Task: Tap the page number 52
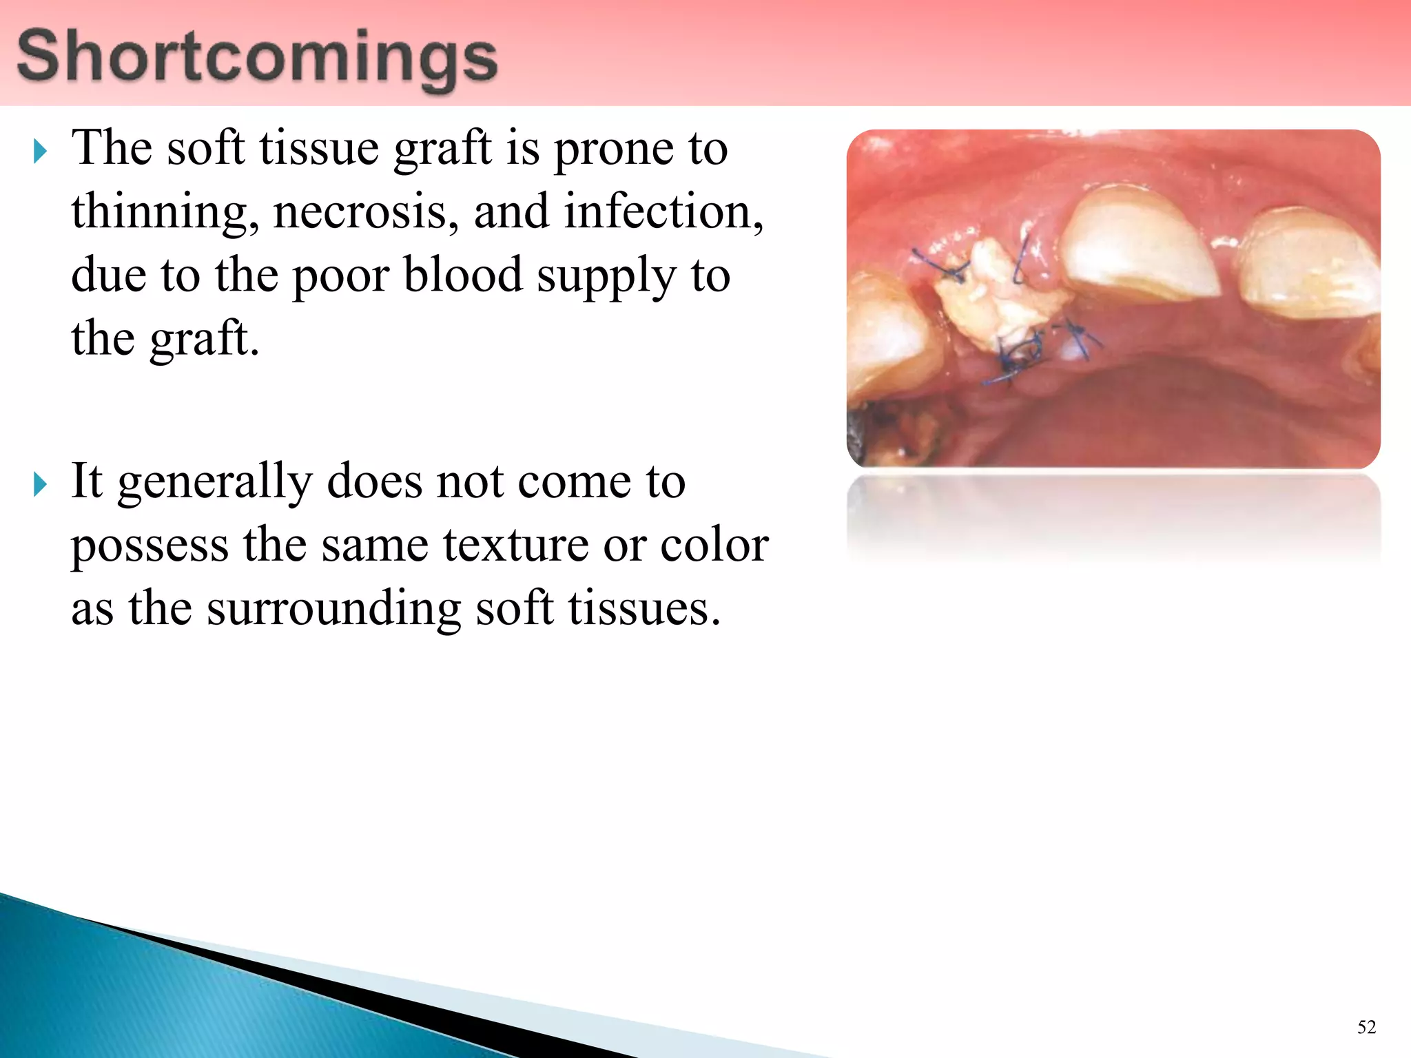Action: click(1366, 1027)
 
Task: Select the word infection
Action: click(663, 212)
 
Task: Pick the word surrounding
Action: click(333, 610)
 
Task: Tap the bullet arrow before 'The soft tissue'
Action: click(40, 151)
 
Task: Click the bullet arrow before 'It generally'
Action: click(40, 484)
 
